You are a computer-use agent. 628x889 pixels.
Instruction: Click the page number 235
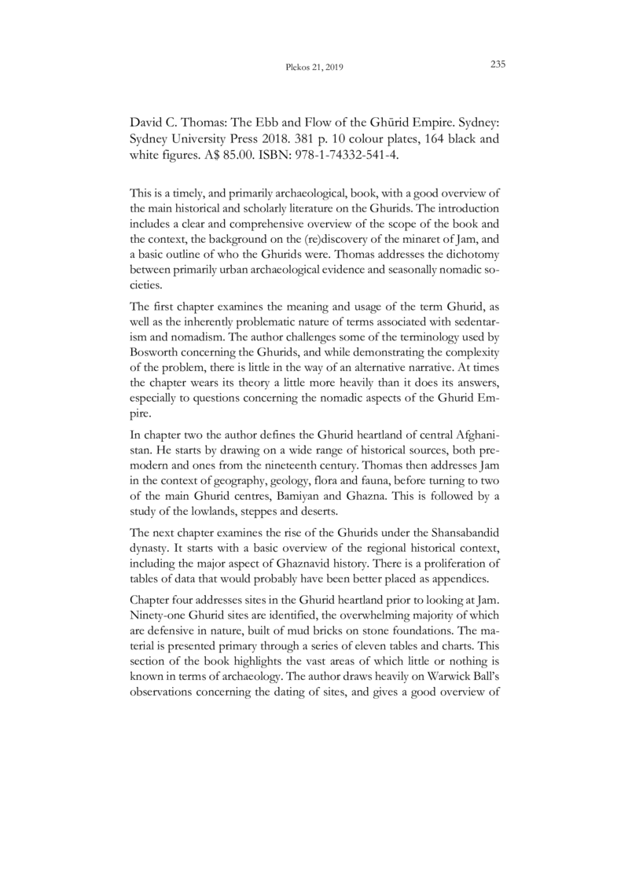click(x=497, y=65)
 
